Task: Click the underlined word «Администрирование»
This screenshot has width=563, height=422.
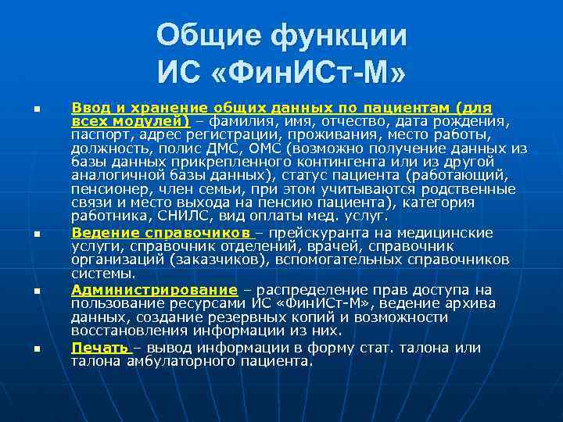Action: click(x=154, y=289)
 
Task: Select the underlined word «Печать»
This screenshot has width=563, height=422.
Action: click(x=99, y=347)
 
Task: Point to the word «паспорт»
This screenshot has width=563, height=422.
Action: click(x=99, y=135)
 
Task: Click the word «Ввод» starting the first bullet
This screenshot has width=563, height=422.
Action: click(x=89, y=107)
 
